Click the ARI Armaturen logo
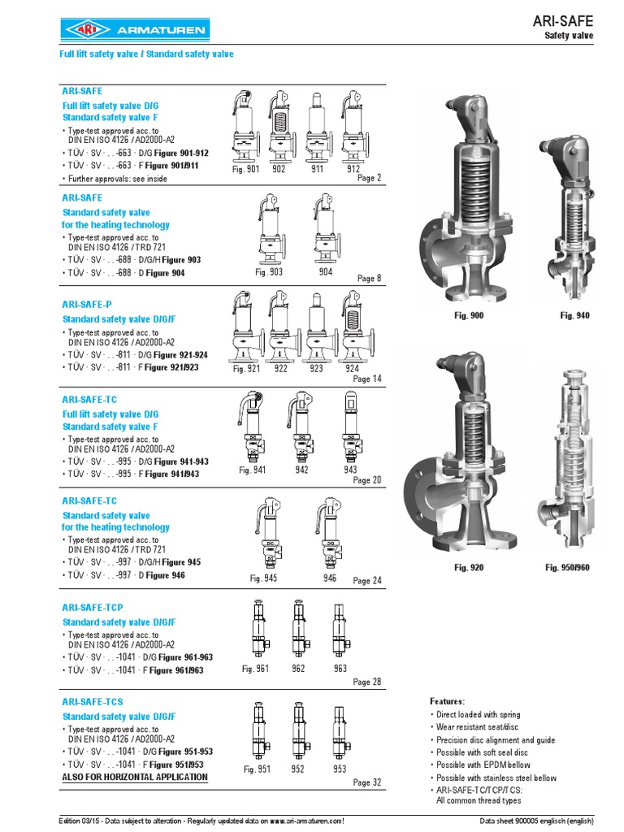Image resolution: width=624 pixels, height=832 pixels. [135, 31]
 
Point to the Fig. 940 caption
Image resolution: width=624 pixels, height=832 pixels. [575, 315]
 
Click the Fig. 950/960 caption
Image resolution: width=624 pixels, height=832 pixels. [568, 567]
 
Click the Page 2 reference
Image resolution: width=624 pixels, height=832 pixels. [369, 178]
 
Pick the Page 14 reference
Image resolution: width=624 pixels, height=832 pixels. [366, 379]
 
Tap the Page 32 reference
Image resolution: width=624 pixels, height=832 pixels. [366, 782]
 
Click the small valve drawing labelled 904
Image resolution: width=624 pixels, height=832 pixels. [325, 227]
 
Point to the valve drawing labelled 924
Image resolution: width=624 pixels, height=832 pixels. [352, 325]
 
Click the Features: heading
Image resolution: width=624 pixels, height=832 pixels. [447, 700]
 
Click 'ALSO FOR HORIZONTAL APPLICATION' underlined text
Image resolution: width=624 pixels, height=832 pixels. [135, 778]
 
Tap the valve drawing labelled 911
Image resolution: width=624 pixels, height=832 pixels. [317, 126]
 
